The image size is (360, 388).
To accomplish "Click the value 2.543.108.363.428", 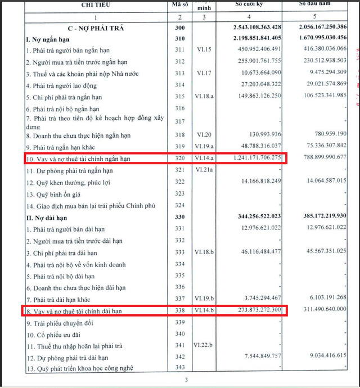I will coord(256,28).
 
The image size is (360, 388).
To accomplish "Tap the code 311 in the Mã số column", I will coord(179,50).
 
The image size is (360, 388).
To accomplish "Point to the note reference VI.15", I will coord(202,50).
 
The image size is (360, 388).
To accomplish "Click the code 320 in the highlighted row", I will coord(179,159).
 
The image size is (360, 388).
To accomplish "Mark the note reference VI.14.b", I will coord(205,310).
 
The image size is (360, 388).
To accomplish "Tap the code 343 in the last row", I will coord(179,369).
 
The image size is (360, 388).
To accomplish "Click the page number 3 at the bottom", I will coord(186,381).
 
